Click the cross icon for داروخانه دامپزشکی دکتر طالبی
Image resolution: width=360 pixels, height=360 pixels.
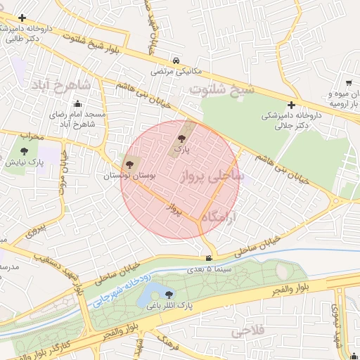coord(23,17)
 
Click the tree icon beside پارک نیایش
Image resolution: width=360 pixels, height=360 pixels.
coord(25,150)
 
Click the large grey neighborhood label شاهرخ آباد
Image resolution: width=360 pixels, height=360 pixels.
coord(60,85)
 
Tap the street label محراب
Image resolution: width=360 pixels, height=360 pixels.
coord(31,134)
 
